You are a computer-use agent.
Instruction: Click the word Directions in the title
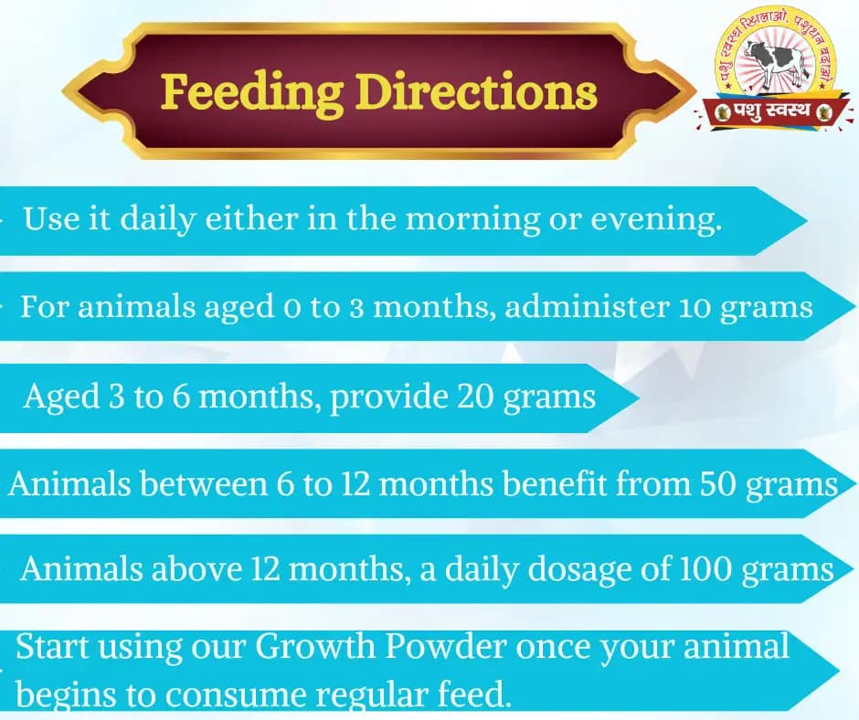[x=476, y=92]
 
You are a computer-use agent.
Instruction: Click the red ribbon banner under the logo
[x=774, y=111]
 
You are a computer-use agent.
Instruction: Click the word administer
[x=587, y=306]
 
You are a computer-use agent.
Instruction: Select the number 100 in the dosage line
[x=708, y=569]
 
